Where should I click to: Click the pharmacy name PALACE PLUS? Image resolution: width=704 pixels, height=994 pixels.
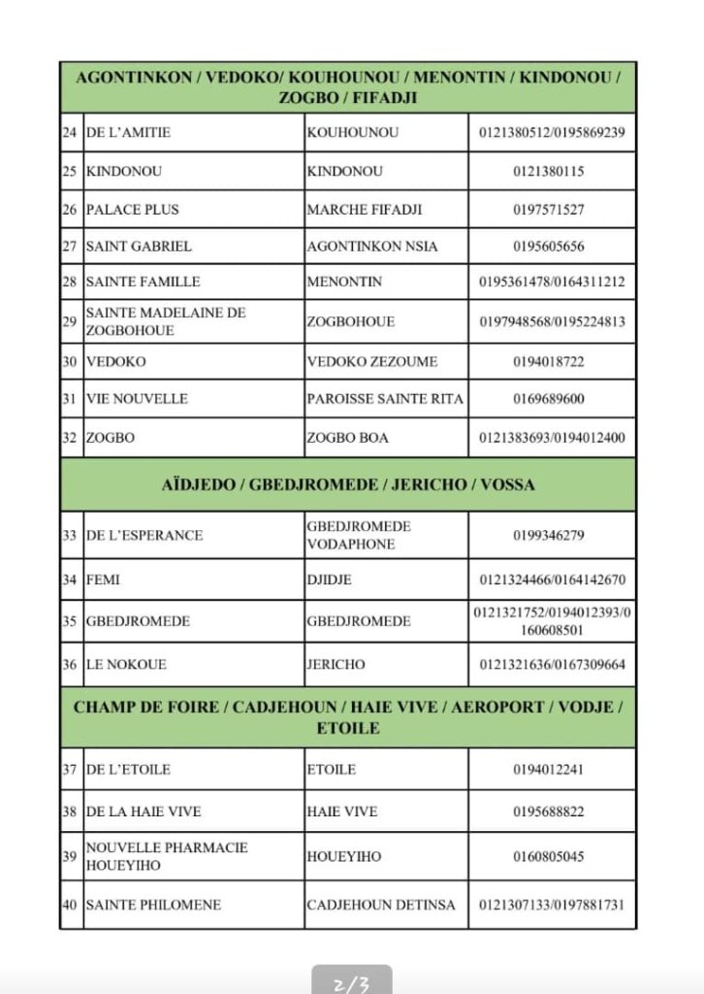[133, 210]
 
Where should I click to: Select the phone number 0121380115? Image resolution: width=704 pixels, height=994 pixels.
[552, 171]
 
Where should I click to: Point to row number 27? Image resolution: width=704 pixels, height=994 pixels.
[70, 247]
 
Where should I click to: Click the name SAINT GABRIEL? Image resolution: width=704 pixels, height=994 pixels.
[139, 247]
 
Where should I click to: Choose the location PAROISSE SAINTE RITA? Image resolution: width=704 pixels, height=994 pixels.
[385, 399]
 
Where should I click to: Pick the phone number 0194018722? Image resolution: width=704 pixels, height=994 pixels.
[552, 361]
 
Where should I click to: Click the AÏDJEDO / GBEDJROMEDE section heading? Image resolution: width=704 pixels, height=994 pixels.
[348, 484]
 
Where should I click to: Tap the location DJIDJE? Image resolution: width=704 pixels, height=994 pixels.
[330, 580]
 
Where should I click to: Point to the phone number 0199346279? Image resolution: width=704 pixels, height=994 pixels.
[552, 535]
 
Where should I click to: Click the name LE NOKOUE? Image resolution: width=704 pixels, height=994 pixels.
[127, 665]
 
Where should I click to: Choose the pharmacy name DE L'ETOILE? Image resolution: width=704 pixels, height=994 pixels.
[128, 770]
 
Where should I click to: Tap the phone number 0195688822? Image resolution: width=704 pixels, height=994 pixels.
[552, 812]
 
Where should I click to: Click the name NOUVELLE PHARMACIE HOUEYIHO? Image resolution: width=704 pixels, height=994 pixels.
[167, 856]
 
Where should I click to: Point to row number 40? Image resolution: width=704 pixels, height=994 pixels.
[70, 905]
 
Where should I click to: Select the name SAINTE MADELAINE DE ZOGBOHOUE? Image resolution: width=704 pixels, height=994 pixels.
[166, 321]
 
